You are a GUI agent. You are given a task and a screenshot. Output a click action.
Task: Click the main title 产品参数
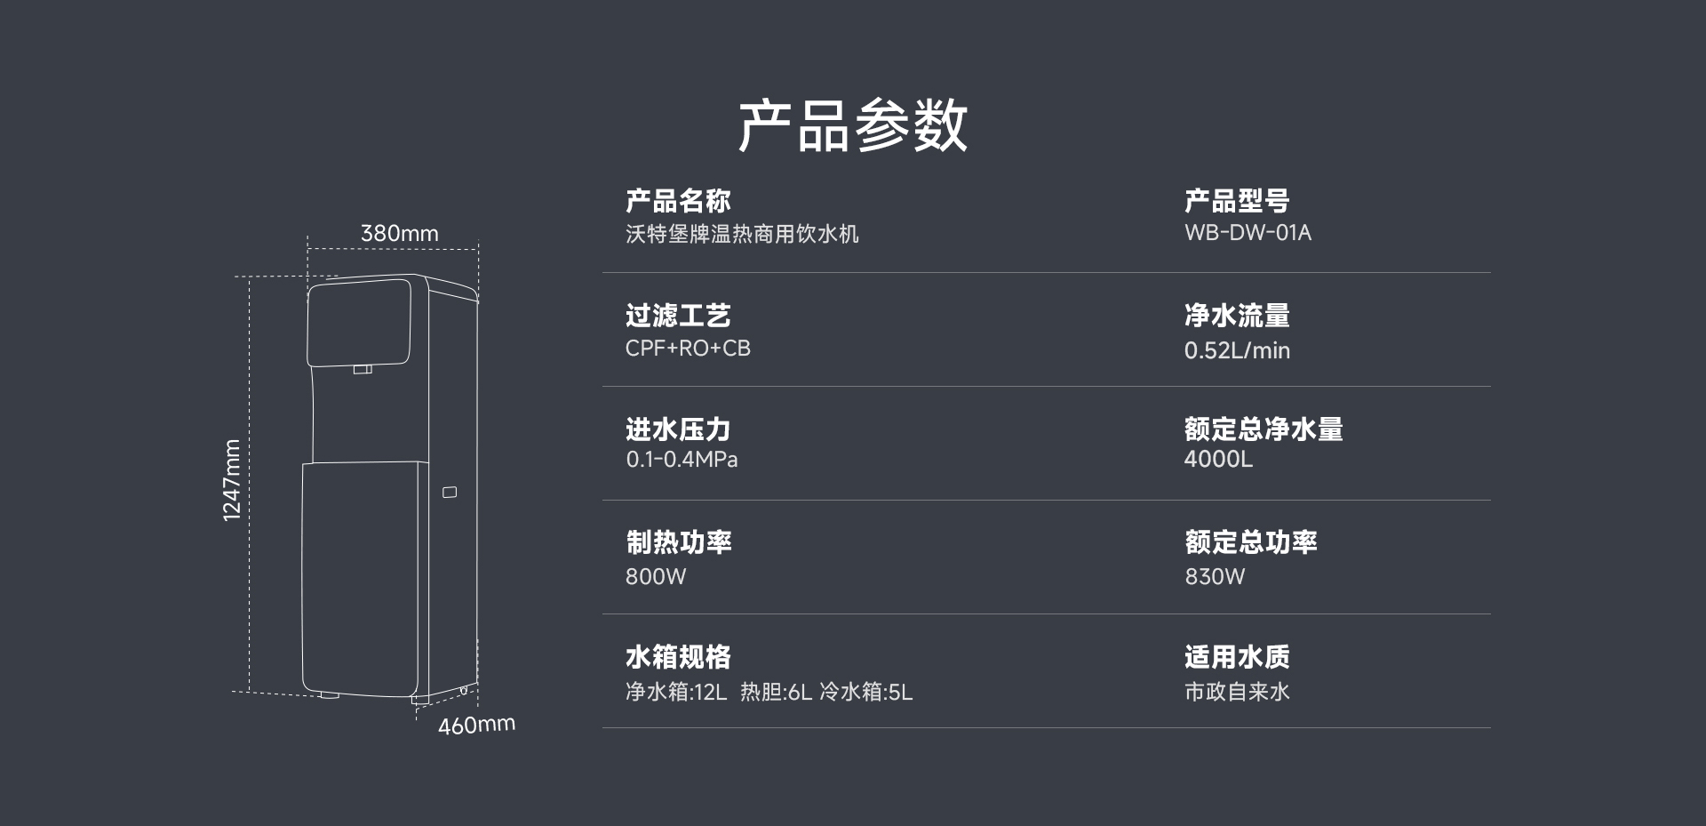853,125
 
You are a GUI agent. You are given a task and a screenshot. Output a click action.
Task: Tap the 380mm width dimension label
400,233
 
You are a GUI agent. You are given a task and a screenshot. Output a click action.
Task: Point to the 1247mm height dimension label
232,480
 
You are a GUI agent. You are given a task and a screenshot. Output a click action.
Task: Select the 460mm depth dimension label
476,725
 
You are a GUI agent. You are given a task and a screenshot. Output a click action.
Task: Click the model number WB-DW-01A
1248,233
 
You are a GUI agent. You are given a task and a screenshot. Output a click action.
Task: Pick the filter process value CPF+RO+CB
688,349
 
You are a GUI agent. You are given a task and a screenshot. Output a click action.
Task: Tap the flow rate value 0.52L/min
1237,350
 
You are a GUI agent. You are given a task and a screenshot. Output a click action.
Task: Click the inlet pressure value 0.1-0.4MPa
682,460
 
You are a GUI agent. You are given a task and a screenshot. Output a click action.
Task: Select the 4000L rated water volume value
1218,459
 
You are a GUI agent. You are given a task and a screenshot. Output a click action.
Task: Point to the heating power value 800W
656,576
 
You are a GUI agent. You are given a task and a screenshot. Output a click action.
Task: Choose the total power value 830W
1215,576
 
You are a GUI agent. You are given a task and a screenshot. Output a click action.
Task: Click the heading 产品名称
678,201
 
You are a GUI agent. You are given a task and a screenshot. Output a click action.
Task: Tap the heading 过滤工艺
678,316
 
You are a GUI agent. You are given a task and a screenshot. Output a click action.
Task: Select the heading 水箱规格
678,657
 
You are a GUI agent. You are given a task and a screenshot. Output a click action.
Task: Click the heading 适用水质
1237,657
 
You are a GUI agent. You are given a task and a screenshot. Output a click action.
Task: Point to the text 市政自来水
1237,692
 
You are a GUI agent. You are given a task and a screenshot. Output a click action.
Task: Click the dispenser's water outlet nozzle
363,369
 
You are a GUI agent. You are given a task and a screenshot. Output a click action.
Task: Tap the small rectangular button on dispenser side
450,492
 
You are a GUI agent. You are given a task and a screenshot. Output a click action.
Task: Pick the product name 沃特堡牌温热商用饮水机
742,234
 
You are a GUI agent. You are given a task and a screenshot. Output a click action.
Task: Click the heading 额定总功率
1250,542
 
